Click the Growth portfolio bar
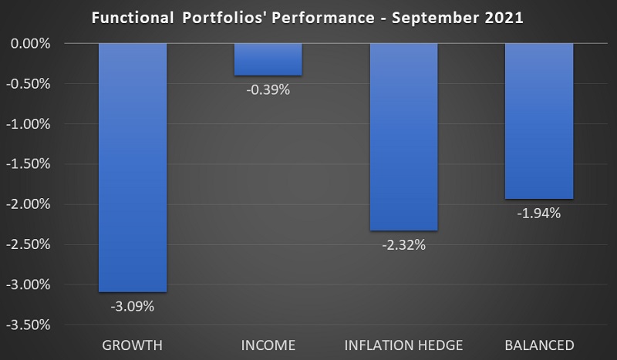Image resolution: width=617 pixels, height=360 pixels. pos(133,167)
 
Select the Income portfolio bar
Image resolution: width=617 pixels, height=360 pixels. pos(268,59)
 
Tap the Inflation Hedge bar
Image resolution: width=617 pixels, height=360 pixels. pos(403,136)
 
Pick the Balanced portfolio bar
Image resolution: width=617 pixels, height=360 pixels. pos(539,121)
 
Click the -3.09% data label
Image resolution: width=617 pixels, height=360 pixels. pos(133,306)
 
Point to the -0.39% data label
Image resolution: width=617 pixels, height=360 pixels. pos(268,90)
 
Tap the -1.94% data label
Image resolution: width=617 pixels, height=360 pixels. pos(539,214)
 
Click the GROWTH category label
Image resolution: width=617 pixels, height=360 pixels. pos(133,344)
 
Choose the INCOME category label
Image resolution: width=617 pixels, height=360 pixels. pos(268,344)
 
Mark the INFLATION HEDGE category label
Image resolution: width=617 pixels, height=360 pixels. pos(403,344)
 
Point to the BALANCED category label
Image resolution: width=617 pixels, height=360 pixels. pos(539,344)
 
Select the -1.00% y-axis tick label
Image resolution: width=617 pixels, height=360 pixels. pos(29,124)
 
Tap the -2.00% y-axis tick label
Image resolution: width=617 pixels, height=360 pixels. pos(29,204)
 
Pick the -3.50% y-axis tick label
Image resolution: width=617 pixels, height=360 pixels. pos(29,325)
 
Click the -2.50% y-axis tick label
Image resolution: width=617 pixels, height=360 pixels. pos(29,244)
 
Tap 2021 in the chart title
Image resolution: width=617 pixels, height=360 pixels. pos(504,17)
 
